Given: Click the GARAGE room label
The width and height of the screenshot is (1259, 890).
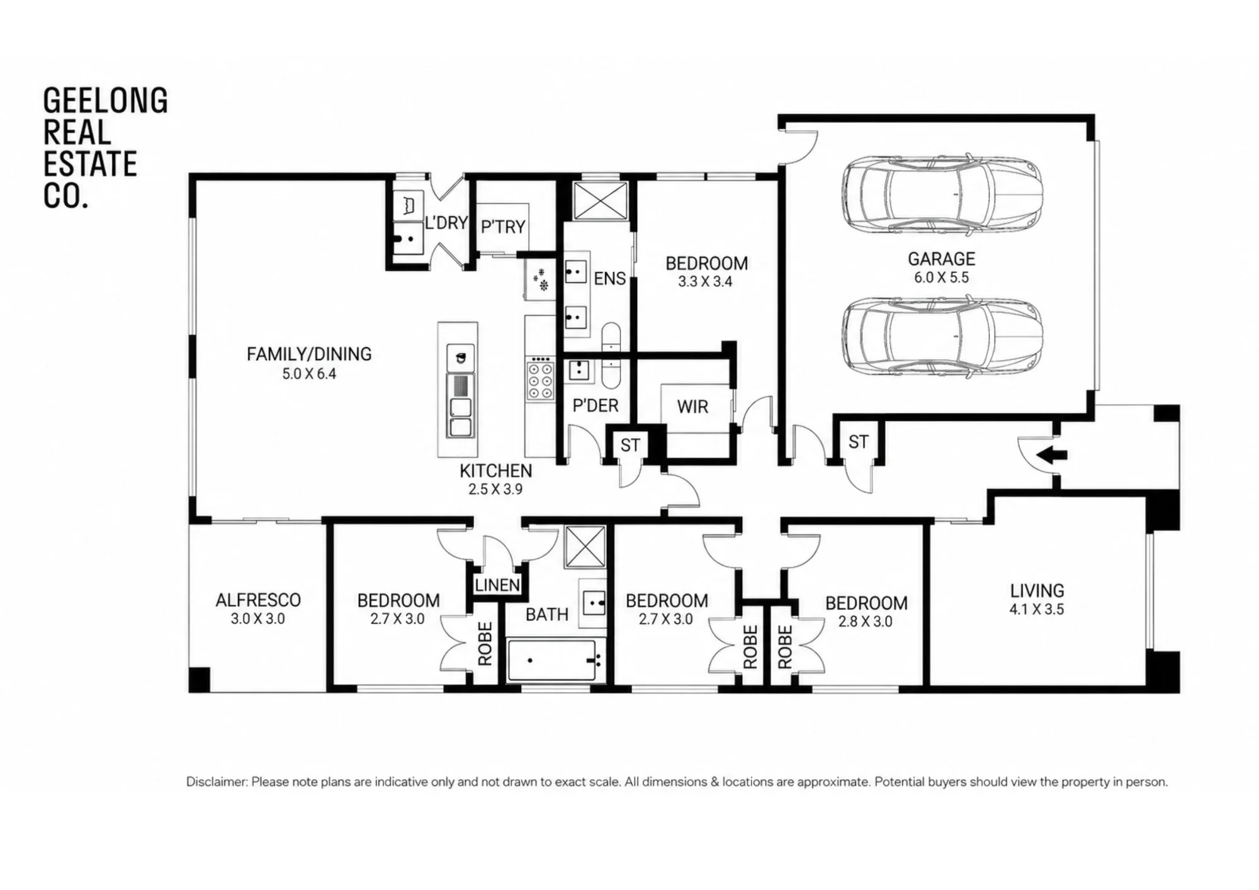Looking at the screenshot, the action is tap(941, 259).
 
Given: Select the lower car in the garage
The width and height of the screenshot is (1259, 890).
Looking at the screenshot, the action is tap(942, 337).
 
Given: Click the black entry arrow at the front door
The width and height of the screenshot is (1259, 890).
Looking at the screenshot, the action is tap(1051, 454).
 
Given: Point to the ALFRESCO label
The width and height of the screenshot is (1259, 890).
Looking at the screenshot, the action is tap(258, 600).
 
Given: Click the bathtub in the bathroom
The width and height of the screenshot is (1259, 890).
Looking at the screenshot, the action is tap(551, 660).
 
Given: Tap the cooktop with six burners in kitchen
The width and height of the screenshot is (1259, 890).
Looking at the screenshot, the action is tap(541, 379).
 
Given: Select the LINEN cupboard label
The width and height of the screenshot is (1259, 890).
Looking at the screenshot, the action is tap(497, 585).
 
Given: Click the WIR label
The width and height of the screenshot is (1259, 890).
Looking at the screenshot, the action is tap(692, 407).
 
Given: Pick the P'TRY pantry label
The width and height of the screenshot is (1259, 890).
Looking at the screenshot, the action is tap(503, 227).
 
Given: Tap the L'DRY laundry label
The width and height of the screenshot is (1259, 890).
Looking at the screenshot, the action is tap(446, 223).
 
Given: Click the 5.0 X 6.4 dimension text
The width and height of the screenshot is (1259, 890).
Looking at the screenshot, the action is tap(309, 374).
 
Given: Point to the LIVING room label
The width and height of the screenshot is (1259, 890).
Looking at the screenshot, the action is tap(1037, 590).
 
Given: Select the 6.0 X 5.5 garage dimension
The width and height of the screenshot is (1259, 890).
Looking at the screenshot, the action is tap(941, 278).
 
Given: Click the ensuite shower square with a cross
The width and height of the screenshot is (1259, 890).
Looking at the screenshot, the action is tap(601, 201).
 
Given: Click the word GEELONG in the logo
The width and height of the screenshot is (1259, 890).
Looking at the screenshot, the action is tap(106, 101).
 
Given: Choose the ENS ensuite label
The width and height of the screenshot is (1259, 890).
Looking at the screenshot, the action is tap(610, 279).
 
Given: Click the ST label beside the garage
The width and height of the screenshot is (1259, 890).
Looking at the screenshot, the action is tap(858, 442).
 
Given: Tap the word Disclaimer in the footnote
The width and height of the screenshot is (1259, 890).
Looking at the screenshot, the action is tap(216, 782).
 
